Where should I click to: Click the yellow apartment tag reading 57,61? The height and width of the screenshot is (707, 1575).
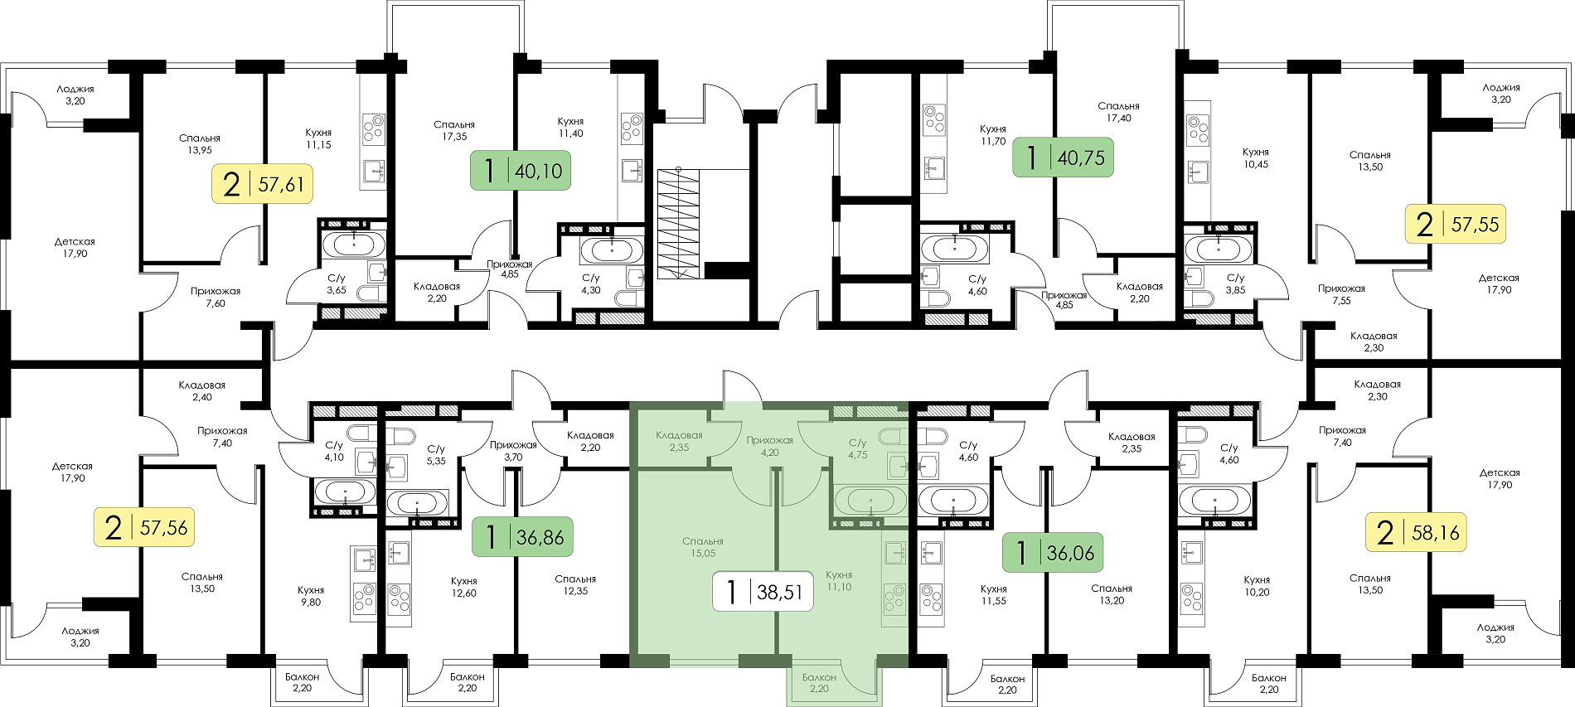263,183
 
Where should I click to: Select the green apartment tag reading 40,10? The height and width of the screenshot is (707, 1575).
521,171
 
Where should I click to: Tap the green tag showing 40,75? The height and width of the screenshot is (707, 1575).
1064,157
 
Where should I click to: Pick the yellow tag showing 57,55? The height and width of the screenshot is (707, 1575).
1456,224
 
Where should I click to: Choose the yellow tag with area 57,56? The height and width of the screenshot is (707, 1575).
144,527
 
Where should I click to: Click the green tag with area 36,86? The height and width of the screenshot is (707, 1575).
522,536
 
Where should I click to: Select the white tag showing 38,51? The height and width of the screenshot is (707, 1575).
763,592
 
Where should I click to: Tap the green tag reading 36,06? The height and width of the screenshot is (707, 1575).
1053,552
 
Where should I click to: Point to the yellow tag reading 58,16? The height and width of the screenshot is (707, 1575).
1416,532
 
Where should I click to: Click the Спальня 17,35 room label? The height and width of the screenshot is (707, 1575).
454,131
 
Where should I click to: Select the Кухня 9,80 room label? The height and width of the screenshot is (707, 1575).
311,596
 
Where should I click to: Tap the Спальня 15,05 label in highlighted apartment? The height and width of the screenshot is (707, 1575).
703,547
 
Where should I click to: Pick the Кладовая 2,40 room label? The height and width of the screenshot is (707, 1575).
201,391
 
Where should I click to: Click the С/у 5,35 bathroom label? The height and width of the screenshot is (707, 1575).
436,455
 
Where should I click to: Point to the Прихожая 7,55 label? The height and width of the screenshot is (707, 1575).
1341,294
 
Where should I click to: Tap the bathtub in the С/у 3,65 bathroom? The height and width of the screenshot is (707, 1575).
354,245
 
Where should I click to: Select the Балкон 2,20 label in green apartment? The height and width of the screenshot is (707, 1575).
819,683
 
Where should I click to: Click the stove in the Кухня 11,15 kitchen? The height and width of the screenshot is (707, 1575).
374,130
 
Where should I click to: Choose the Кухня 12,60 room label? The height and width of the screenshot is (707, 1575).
464,587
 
